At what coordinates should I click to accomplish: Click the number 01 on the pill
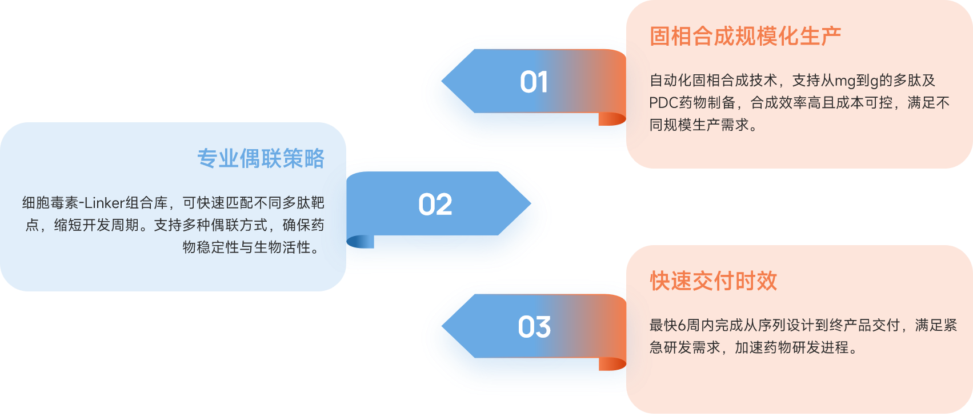[534, 82]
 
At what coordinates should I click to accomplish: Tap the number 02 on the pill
[435, 205]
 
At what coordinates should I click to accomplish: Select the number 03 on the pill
[534, 327]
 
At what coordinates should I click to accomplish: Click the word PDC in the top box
[663, 103]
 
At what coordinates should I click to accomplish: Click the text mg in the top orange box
[845, 81]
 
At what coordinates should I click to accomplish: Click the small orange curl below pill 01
[612, 119]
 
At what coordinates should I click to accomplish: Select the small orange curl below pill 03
[612, 364]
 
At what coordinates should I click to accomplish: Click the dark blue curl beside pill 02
[357, 242]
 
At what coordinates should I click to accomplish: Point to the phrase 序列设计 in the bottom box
[786, 326]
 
